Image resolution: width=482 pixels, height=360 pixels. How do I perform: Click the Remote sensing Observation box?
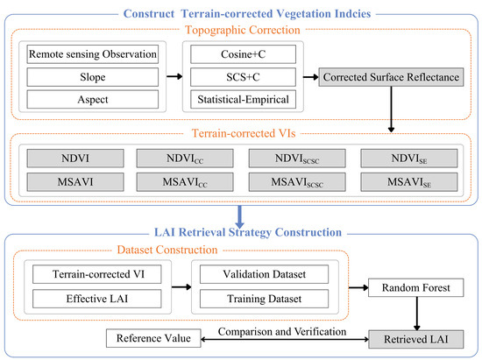click(93, 54)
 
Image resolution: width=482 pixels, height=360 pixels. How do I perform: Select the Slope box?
click(93, 77)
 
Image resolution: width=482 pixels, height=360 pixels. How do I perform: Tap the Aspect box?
click(93, 99)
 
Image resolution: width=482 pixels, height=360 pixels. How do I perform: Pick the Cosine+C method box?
click(243, 54)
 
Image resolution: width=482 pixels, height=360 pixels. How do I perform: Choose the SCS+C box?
click(243, 77)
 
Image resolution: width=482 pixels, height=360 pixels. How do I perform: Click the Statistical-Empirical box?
click(243, 99)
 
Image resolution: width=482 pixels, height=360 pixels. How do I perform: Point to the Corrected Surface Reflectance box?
click(391, 77)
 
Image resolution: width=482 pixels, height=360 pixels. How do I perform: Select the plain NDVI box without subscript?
click(75, 159)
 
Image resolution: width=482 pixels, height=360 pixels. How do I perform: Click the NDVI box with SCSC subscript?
click(297, 159)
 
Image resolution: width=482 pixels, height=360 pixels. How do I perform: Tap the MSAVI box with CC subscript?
click(185, 182)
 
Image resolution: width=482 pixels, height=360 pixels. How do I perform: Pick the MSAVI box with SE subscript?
click(409, 182)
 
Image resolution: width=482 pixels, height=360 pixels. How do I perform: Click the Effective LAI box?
click(96, 299)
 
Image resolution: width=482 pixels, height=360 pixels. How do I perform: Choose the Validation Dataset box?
click(264, 274)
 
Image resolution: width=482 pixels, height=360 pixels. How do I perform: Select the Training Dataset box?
click(264, 299)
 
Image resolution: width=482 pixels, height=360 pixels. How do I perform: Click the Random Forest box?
click(416, 287)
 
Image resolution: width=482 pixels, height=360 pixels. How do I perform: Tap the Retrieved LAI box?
click(416, 340)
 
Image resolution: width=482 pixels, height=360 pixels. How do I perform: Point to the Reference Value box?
click(153, 338)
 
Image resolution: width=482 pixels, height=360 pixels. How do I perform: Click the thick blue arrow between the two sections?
click(240, 217)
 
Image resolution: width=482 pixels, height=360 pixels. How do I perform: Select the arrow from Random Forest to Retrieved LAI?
click(417, 314)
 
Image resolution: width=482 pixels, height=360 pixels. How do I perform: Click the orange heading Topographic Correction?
click(243, 30)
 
